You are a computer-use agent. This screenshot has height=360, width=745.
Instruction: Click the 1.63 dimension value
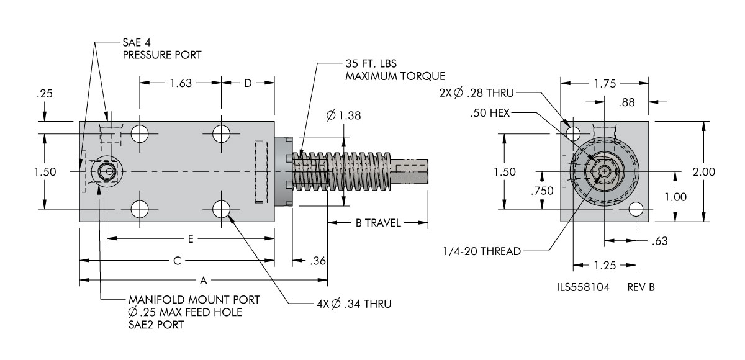click(181, 83)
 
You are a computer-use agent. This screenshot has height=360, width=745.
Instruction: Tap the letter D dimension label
click(248, 83)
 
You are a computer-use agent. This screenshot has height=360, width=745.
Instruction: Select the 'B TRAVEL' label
click(378, 223)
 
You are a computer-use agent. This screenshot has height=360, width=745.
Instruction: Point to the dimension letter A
click(204, 281)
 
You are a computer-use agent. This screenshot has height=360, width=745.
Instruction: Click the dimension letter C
click(177, 261)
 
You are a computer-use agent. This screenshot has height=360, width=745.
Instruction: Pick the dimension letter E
click(191, 239)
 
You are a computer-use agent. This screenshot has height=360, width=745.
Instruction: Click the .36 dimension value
click(318, 261)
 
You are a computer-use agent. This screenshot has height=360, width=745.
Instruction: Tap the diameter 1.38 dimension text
click(343, 115)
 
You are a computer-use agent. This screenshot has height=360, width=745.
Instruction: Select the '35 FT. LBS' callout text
click(371, 63)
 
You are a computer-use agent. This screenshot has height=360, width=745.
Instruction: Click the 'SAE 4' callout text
click(137, 43)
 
